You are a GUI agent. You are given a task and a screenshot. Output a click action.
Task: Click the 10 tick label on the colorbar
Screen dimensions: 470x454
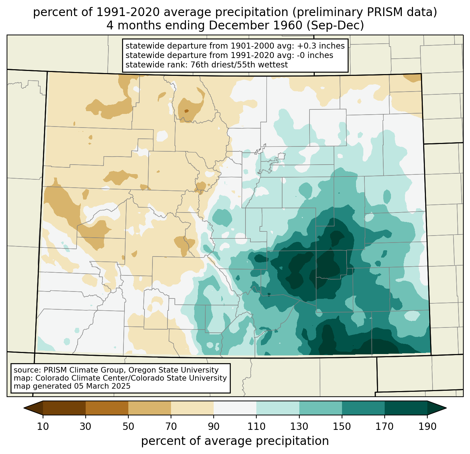pyautogui.click(x=43, y=426)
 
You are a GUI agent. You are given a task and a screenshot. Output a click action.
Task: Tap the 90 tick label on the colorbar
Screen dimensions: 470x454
pyautogui.click(x=214, y=426)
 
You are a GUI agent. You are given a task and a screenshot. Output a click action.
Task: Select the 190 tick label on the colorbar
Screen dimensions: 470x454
pyautogui.click(x=427, y=426)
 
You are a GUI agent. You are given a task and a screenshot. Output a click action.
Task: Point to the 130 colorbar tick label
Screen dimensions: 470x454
pyautogui.click(x=299, y=426)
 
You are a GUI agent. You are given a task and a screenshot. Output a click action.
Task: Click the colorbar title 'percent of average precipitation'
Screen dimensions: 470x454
pyautogui.click(x=235, y=441)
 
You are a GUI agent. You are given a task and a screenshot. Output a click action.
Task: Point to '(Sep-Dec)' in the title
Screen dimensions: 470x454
pyautogui.click(x=335, y=26)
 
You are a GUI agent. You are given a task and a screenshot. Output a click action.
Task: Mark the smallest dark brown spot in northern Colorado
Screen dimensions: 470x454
pyautogui.click(x=186, y=111)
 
